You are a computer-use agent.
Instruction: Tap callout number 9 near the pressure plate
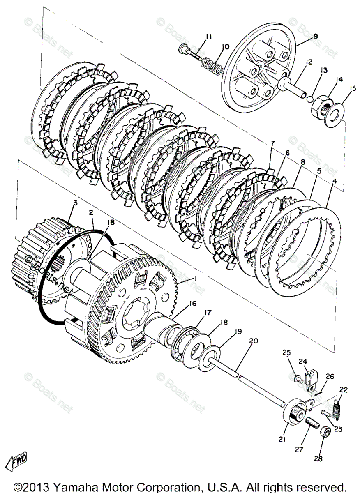pyautogui.click(x=316, y=36)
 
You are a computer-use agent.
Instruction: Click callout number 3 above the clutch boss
pyautogui.click(x=75, y=203)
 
